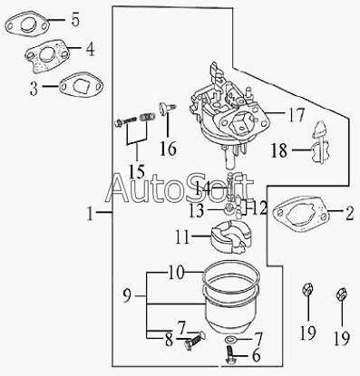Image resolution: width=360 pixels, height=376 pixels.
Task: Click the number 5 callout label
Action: click(75, 20)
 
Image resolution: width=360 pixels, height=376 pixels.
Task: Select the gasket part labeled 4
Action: click(46, 56)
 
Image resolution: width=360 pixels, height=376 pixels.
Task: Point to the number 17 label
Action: click(296, 115)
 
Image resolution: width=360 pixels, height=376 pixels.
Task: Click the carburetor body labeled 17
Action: click(230, 116)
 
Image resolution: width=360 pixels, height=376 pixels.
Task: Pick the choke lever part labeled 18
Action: click(320, 142)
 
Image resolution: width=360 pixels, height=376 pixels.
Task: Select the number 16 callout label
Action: click(168, 149)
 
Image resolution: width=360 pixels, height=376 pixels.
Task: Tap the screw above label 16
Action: click(167, 108)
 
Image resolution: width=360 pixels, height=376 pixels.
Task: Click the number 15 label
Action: click(137, 171)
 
